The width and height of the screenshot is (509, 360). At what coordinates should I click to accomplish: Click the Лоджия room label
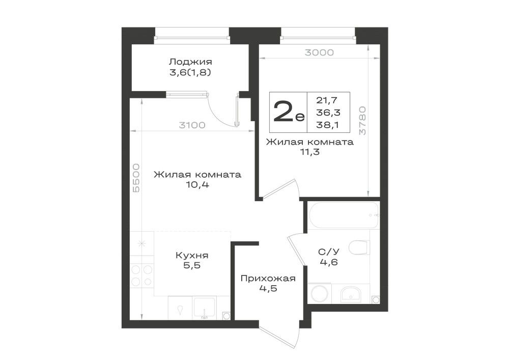pyautogui.click(x=190, y=62)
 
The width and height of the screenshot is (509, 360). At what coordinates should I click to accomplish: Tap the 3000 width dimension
pyautogui.click(x=319, y=52)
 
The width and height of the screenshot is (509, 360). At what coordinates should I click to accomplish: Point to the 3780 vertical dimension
pyautogui.click(x=362, y=121)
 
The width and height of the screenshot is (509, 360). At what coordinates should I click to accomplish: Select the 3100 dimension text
pyautogui.click(x=192, y=125)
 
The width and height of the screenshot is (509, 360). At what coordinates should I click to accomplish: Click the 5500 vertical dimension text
pyautogui.click(x=136, y=178)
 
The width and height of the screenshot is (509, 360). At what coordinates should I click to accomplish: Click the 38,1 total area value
pyautogui.click(x=328, y=125)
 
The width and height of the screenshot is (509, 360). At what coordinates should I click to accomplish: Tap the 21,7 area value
pyautogui.click(x=327, y=101)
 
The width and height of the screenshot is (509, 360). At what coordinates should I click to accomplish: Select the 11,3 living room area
pyautogui.click(x=309, y=152)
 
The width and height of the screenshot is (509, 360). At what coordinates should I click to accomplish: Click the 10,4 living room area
pyautogui.click(x=197, y=185)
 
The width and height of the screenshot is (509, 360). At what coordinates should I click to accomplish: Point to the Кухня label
pyautogui.click(x=192, y=256)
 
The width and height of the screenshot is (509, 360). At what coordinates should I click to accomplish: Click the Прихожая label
pyautogui.click(x=268, y=279)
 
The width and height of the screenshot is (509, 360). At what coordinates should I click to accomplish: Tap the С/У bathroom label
pyautogui.click(x=328, y=252)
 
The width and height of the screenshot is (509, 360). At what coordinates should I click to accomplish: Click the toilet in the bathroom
pyautogui.click(x=359, y=247)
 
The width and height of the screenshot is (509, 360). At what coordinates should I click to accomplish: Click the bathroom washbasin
pyautogui.click(x=351, y=294)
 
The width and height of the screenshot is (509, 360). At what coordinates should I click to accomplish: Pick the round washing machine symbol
pyautogui.click(x=320, y=294)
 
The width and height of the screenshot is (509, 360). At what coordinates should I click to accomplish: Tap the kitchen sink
pyautogui.click(x=205, y=308)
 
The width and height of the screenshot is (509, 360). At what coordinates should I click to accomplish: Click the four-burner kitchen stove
pyautogui.click(x=142, y=275)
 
